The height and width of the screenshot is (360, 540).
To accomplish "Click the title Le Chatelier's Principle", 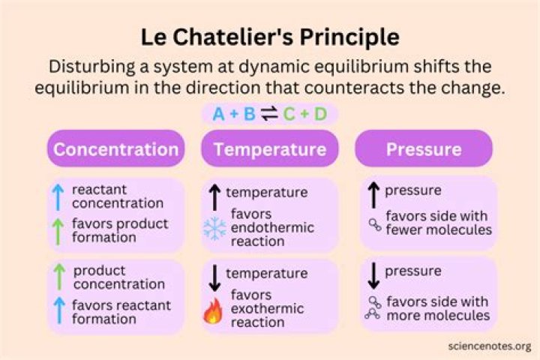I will point(270,37).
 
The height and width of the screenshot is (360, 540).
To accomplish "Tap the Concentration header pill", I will point(115,148).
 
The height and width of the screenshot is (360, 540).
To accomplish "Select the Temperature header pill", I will point(269,148).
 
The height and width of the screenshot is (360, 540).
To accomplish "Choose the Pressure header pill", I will point(424,148).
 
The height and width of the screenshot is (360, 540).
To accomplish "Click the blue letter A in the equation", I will point(218,114).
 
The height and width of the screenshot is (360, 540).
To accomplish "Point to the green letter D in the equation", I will point(320,114).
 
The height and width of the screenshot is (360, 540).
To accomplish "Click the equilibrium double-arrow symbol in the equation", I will point(269,114).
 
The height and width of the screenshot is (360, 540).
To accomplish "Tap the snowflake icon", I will point(214,229).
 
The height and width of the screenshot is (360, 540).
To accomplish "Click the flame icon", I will point(214,310).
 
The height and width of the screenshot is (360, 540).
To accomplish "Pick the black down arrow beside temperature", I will point(214,277).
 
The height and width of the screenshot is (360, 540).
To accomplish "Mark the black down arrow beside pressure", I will point(373,275).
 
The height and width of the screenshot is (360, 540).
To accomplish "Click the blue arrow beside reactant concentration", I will point(59,197).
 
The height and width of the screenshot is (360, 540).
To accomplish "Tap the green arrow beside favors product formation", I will point(59,231).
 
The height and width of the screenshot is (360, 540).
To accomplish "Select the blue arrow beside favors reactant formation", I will point(59,312).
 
